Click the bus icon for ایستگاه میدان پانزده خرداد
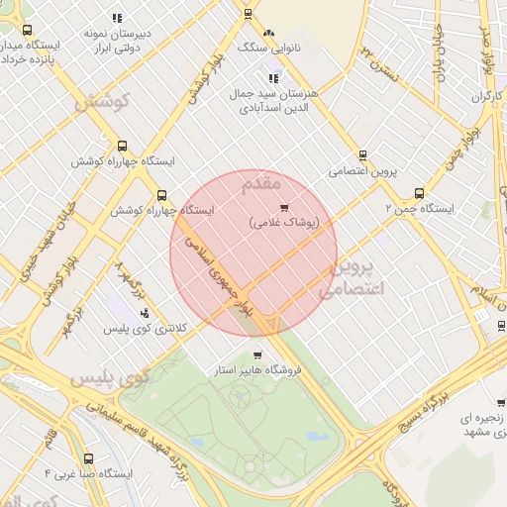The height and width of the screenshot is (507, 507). pos(27,31)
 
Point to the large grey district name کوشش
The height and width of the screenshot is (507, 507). pos(102,102)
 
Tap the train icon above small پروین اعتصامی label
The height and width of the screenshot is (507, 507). pos(362,154)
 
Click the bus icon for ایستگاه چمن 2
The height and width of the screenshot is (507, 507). pos(419,194)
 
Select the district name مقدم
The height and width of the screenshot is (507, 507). pos(261,183)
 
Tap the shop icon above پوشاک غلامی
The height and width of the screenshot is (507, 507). pos(284,208)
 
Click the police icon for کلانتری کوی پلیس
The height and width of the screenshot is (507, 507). pos(146,313)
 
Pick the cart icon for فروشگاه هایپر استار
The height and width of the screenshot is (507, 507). pos(257,355)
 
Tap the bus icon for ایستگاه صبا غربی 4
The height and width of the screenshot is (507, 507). pos(90,458)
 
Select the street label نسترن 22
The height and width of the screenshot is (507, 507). pos(382,60)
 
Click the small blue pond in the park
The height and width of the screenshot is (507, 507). pos(317,436)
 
